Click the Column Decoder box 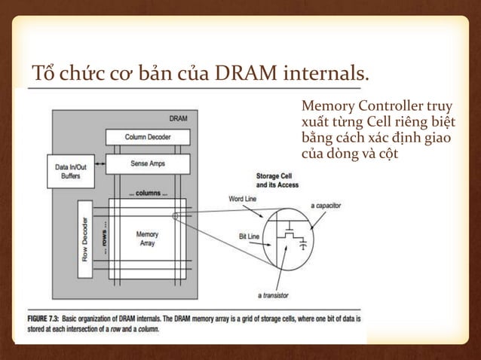pos(148,136)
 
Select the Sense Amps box pos(148,163)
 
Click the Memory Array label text pos(147,239)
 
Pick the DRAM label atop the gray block pos(178,119)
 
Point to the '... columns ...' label pos(147,193)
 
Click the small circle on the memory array pos(175,216)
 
